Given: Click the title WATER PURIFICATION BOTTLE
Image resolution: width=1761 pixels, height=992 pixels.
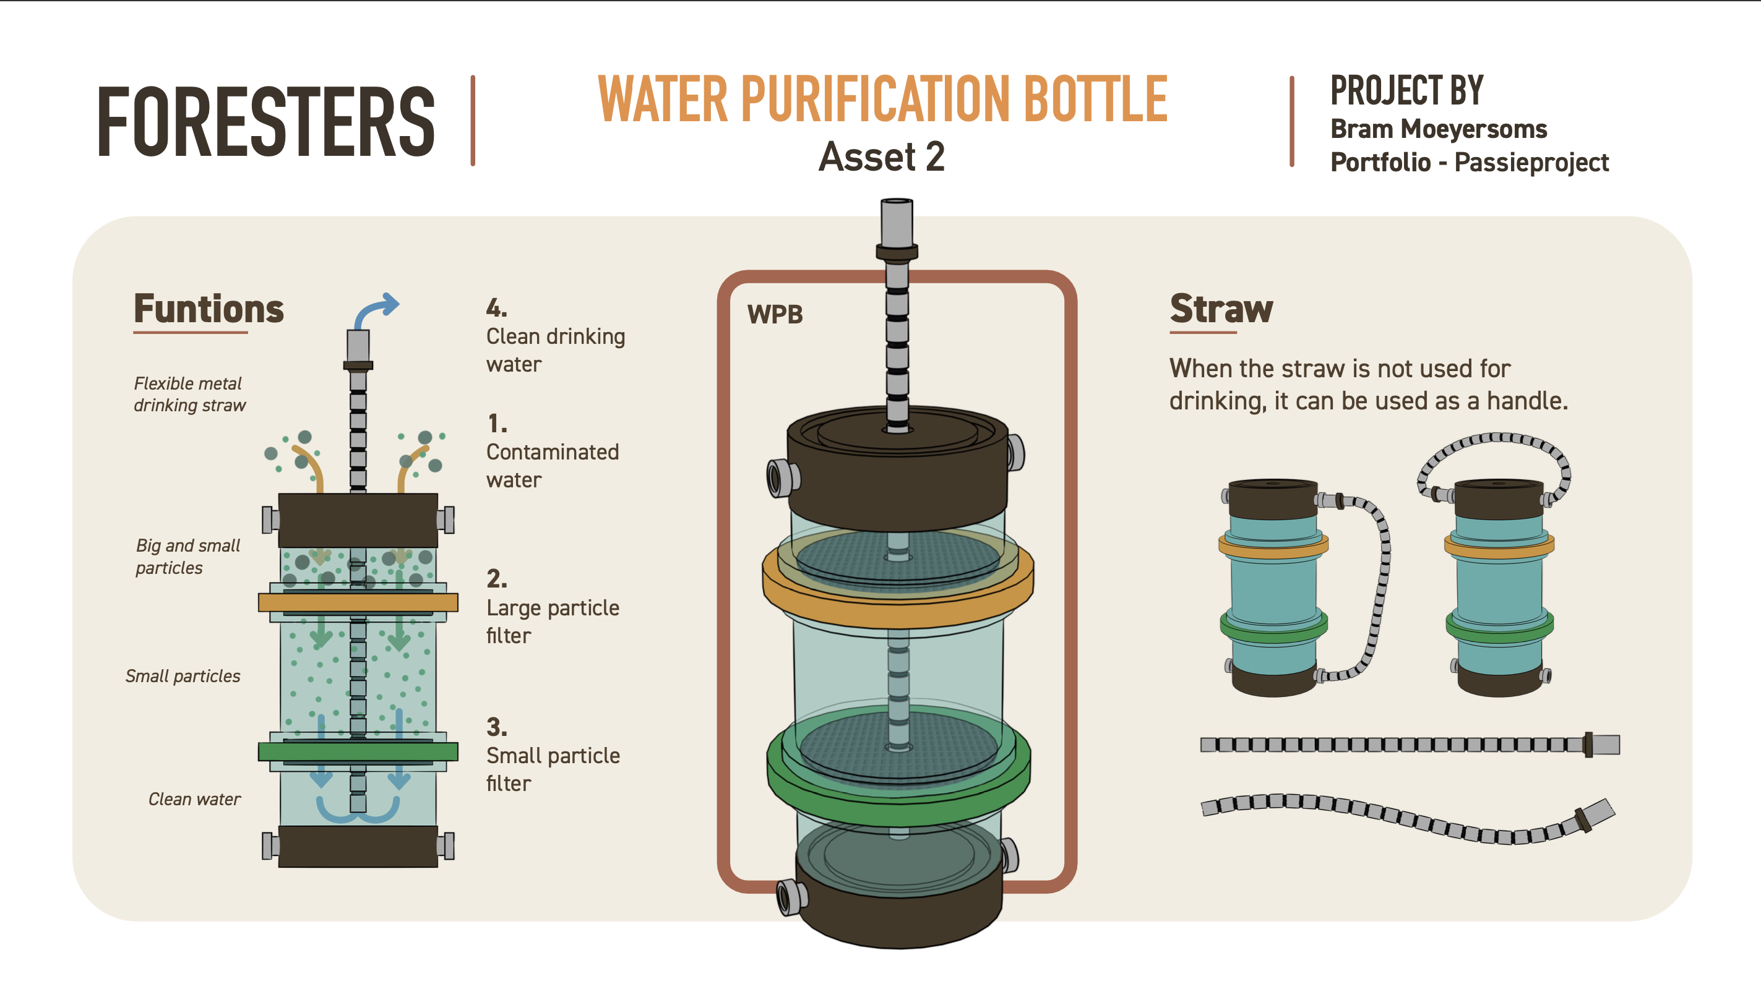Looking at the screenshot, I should (882, 100).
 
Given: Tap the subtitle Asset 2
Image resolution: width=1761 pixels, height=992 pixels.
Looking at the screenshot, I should (881, 156).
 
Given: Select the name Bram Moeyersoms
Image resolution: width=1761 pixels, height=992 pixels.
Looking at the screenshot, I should (1439, 129).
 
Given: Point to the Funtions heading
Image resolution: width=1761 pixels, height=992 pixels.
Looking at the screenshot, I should (209, 309).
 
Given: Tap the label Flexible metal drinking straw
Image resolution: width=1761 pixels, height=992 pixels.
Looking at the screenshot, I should (189, 394).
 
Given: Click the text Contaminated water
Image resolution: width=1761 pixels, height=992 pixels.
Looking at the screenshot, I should (553, 465).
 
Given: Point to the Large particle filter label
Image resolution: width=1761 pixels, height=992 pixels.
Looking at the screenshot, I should (553, 621).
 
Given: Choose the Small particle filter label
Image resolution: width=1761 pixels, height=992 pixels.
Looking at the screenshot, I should (553, 769).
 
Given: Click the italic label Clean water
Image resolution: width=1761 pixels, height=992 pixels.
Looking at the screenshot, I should (194, 798).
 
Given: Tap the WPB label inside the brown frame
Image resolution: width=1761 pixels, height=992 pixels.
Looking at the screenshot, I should (775, 314).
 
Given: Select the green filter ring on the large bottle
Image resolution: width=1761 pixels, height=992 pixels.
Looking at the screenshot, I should (897, 792).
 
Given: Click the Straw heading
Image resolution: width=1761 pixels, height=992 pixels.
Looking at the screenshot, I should (1221, 309).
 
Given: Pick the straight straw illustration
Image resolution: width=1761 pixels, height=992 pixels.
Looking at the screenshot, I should (1408, 744).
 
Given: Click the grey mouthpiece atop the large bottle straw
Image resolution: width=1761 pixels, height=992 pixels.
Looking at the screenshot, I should (897, 222).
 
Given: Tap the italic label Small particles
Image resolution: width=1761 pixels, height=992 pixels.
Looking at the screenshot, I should (183, 676).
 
